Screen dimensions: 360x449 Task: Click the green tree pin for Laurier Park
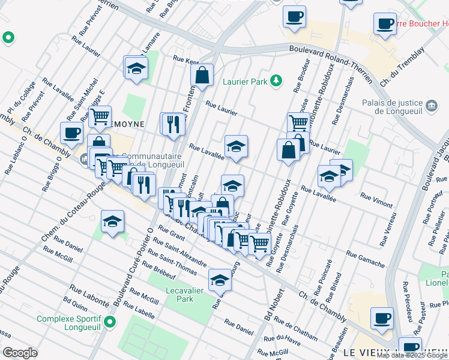pyautogui.click(x=276, y=80)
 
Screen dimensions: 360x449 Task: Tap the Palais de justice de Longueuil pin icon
pyautogui.click(x=432, y=106)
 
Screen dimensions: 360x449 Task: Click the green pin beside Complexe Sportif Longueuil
pyautogui.click(x=109, y=323)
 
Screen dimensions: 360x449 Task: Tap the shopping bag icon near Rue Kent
pyautogui.click(x=202, y=75)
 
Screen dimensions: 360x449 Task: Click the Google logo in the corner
pyautogui.click(x=20, y=353)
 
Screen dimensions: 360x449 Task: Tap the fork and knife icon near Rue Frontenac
pyautogui.click(x=173, y=124)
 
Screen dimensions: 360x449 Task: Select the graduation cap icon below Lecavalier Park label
pyautogui.click(x=220, y=280)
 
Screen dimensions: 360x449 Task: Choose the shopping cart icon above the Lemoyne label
pyautogui.click(x=100, y=116)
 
